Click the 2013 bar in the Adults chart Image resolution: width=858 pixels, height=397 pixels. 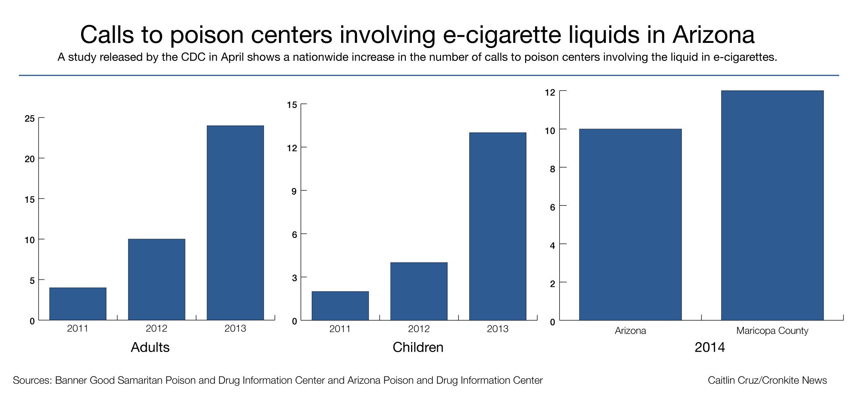coord(235,223)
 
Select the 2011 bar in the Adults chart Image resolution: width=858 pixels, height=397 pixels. coord(78,304)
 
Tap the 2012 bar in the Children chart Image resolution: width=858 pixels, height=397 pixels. coord(419,291)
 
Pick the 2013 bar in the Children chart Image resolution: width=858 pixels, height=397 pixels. coord(498,226)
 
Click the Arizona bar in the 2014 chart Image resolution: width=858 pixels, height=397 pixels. coord(630,225)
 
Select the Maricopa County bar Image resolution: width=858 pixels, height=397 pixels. coord(772,205)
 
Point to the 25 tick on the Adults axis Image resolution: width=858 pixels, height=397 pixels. coord(30,118)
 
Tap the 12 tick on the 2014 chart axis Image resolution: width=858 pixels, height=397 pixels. coord(550,92)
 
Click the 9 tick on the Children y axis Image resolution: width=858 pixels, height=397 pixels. coord(294,191)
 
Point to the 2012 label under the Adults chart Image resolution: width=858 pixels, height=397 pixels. coord(157,329)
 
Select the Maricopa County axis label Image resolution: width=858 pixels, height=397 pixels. coord(772,331)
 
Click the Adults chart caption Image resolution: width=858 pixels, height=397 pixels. coord(150,347)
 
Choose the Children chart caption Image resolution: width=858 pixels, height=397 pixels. coord(418,347)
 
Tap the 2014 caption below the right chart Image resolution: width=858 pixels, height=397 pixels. coord(710,347)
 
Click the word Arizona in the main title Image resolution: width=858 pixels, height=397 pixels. coord(713,35)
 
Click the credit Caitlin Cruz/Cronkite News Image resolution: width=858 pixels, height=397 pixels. coord(767,380)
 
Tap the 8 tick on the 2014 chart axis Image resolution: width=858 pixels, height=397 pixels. coord(553,169)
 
